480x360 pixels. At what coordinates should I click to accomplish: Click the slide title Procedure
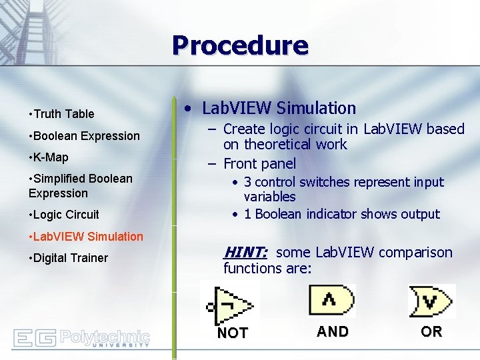coord(240,45)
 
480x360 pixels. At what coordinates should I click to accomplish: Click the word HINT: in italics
coord(245,252)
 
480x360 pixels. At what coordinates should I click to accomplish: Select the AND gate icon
coord(331,300)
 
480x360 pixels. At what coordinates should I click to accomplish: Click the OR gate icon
coord(431,301)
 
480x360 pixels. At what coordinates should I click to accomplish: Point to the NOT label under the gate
coord(233,333)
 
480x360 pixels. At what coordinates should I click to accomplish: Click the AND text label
coord(332,332)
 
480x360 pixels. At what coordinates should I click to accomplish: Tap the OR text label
coord(431,332)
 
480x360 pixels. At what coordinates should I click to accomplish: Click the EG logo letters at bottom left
coord(34,338)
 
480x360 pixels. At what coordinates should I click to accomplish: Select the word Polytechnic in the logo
coord(105,335)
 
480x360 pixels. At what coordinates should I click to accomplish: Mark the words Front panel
coord(259,163)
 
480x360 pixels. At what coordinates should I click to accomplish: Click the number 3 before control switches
coord(247,182)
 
